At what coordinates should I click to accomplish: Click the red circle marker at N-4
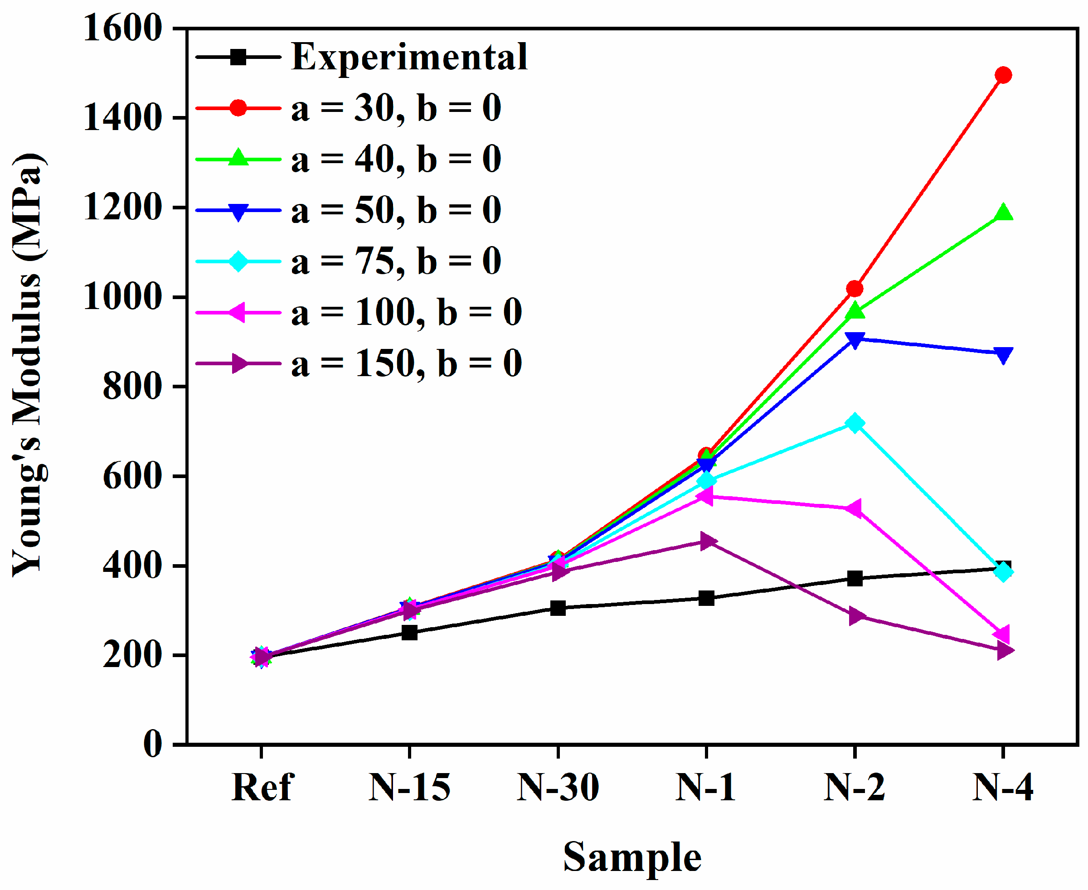pyautogui.click(x=1003, y=75)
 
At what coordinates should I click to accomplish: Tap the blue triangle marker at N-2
pyautogui.click(x=855, y=340)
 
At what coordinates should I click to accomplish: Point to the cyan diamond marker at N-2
pyautogui.click(x=855, y=423)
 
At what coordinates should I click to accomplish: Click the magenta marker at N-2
pyautogui.click(x=854, y=508)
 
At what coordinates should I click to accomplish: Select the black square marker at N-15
pyautogui.click(x=409, y=632)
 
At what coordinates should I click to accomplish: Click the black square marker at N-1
pyautogui.click(x=706, y=598)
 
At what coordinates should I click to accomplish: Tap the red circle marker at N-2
pyautogui.click(x=855, y=289)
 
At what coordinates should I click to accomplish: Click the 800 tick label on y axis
pyautogui.click(x=132, y=387)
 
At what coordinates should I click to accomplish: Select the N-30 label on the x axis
pyautogui.click(x=558, y=788)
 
